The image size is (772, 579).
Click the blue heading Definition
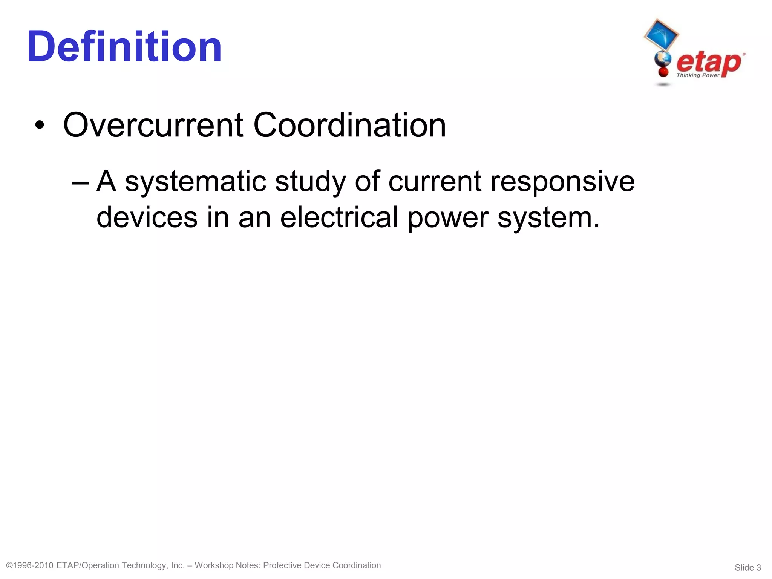(124, 47)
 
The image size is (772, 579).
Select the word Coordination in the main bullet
(349, 125)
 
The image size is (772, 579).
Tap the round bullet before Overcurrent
(39, 125)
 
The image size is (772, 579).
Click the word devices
(147, 218)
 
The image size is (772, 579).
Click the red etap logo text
(709, 62)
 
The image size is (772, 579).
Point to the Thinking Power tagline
(698, 75)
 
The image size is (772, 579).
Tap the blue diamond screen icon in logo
(661, 35)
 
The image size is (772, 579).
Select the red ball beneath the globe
(663, 71)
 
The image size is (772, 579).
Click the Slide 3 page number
(747, 568)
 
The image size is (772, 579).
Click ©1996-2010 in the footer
(30, 565)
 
